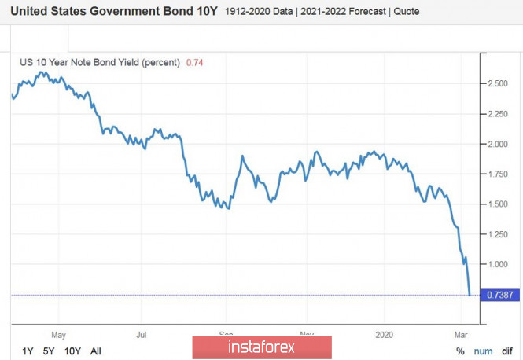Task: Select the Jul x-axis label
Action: [x=142, y=333]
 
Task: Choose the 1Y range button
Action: [x=28, y=351]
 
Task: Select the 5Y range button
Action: [x=50, y=351]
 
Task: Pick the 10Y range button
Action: [x=73, y=351]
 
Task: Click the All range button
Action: [x=96, y=351]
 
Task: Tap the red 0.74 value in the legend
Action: [x=193, y=62]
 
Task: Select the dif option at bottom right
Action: [x=507, y=351]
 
